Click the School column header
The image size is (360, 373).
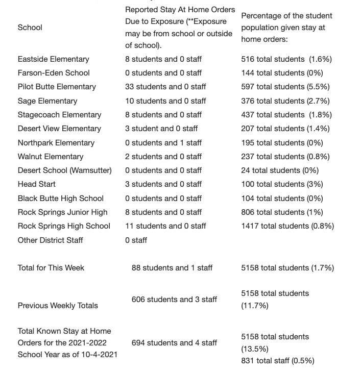(x=30, y=28)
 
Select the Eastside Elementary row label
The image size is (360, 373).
(x=53, y=59)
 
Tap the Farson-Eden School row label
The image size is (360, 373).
(x=54, y=73)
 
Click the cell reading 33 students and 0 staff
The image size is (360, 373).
(x=165, y=87)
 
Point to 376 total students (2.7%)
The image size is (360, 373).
(x=285, y=101)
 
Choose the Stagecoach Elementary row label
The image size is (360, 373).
(x=59, y=115)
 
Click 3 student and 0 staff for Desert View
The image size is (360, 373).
(x=161, y=129)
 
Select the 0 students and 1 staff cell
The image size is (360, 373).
(x=163, y=143)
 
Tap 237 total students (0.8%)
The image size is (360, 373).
(x=285, y=157)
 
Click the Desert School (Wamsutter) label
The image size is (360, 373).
(x=64, y=170)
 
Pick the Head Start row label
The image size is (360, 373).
(x=37, y=184)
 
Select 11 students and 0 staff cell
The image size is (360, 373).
(x=165, y=226)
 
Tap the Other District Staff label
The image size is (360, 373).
(x=50, y=240)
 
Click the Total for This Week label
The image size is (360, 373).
(x=51, y=268)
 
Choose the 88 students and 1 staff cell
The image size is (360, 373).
(x=172, y=268)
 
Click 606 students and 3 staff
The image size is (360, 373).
(x=174, y=300)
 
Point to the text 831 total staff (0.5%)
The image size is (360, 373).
(x=278, y=361)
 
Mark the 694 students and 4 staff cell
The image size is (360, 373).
(x=174, y=343)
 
